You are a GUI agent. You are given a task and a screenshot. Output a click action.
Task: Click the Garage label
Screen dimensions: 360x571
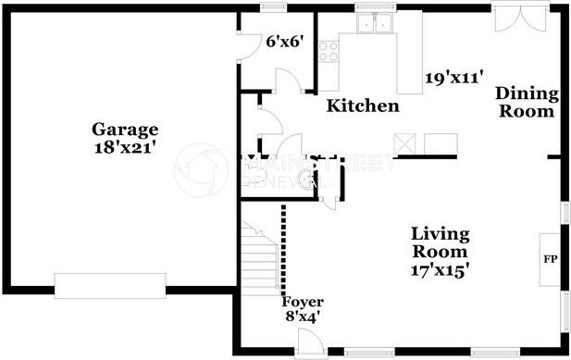coord(124,130)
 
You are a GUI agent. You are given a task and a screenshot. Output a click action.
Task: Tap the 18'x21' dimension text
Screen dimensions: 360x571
coord(124,147)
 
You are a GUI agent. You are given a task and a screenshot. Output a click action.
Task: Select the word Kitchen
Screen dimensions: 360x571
coord(364,106)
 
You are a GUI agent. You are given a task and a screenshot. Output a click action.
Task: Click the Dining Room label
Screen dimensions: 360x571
coord(526,103)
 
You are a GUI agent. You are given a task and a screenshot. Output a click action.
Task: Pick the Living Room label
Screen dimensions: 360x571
coord(441,242)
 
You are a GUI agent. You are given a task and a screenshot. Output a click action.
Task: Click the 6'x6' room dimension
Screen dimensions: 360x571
coord(284,42)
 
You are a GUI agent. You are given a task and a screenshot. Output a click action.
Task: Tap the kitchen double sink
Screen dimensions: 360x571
coord(377,24)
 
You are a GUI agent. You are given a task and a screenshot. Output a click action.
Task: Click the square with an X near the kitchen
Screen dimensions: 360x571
coord(405,143)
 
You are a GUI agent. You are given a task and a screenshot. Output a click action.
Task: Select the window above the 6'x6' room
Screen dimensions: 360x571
coord(272,8)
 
